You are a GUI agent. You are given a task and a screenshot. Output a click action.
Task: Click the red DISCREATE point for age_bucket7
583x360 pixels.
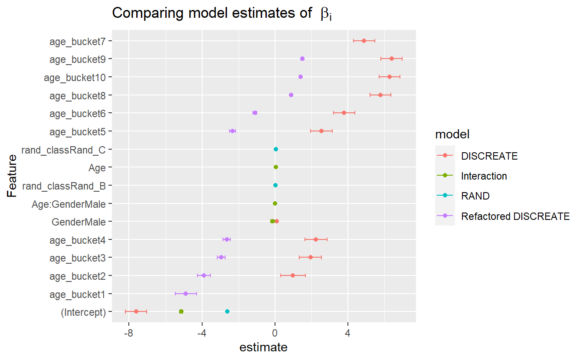(x=364, y=41)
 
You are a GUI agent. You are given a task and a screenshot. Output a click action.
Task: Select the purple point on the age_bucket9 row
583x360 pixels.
(x=302, y=59)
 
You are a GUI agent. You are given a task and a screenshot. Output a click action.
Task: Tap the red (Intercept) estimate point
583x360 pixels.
(x=136, y=311)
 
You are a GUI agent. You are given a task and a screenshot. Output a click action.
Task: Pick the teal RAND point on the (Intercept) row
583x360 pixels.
(x=227, y=311)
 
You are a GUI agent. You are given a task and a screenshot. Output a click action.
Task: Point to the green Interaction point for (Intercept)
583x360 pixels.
(x=181, y=311)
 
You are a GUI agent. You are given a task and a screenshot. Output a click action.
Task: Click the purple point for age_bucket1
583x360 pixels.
(x=186, y=294)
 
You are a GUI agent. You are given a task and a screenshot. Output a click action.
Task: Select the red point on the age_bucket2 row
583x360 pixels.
(x=293, y=275)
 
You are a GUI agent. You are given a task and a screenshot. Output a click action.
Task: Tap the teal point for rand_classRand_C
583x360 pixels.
(x=276, y=149)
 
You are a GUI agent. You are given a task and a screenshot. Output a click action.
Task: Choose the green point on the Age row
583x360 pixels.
(x=276, y=167)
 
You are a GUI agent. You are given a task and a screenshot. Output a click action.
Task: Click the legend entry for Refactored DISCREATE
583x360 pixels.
(x=515, y=216)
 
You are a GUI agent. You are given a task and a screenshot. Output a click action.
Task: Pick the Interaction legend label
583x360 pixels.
(x=484, y=176)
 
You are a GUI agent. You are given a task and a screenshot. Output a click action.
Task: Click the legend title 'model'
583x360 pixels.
(x=452, y=135)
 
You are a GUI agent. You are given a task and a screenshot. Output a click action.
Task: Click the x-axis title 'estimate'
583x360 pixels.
(x=263, y=347)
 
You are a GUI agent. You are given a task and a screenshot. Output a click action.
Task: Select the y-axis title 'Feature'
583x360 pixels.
(x=12, y=176)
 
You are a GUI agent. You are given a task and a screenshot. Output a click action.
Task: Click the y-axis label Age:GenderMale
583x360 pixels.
(x=69, y=203)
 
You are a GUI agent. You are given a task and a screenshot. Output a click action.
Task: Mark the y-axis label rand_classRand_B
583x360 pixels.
(x=64, y=186)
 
